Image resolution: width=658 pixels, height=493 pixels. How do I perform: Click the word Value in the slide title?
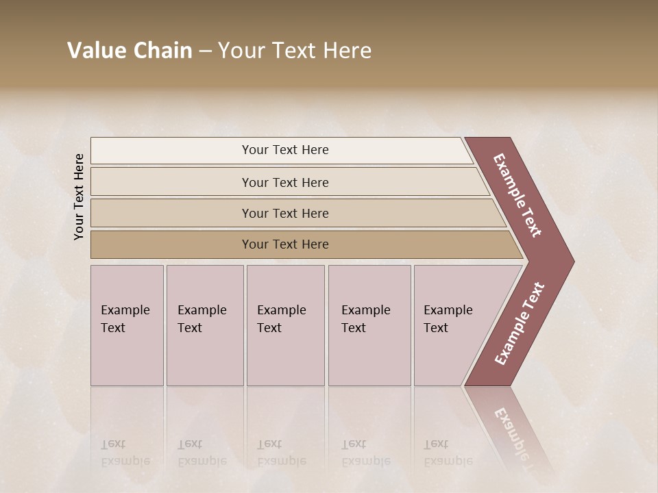tap(95, 51)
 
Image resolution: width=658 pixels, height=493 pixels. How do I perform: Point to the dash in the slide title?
tap(205, 51)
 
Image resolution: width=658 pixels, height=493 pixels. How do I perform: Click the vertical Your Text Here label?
tap(79, 197)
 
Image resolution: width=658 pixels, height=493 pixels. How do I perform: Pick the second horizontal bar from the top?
tap(284, 182)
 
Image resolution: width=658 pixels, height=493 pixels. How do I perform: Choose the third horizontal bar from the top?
tap(284, 213)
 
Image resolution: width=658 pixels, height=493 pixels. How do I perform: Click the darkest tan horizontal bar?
tap(284, 244)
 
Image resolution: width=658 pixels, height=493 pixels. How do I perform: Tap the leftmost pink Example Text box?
tap(127, 325)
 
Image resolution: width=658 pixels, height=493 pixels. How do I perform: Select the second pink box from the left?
tap(204, 325)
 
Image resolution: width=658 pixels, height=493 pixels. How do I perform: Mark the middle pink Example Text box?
tap(285, 325)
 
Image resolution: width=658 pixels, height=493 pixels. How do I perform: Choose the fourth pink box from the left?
tap(369, 325)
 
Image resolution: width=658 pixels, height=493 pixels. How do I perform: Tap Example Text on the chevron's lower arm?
tap(520, 323)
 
